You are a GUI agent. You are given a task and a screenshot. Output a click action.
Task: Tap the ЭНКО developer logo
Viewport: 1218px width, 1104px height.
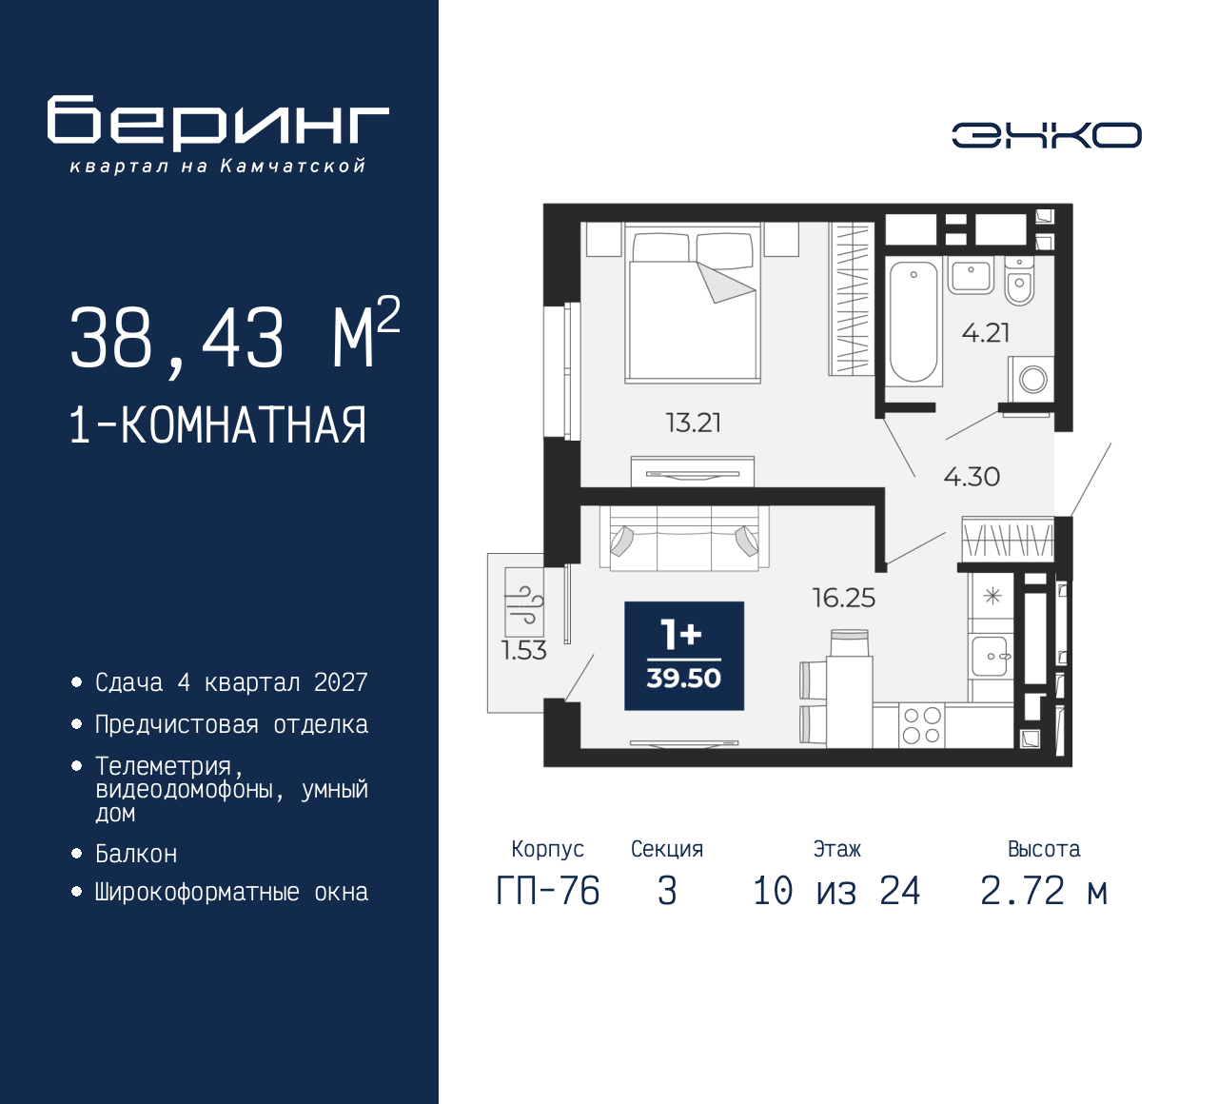point(1046,135)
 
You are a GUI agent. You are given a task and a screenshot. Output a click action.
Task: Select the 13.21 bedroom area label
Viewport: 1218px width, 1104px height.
point(694,423)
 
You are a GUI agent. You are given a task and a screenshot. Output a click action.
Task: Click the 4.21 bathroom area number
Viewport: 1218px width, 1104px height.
point(986,333)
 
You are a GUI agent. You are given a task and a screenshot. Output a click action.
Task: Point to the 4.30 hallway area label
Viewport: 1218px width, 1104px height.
point(972,477)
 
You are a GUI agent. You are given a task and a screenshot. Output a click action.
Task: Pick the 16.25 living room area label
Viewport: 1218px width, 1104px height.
point(844,598)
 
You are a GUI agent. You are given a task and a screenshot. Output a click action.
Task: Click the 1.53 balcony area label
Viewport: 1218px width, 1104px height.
point(524,650)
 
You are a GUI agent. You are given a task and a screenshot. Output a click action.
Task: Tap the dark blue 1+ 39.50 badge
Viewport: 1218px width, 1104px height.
point(684,656)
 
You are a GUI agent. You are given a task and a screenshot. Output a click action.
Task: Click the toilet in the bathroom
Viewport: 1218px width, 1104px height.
point(1019,280)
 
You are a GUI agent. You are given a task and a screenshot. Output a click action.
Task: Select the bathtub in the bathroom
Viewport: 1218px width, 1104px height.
point(913,322)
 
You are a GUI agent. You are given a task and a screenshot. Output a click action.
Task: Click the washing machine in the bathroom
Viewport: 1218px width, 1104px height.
point(1031,380)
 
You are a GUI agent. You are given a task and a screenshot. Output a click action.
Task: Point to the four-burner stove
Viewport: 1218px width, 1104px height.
point(922,725)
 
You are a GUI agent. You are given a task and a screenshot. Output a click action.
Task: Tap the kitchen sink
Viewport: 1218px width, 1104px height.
point(991,656)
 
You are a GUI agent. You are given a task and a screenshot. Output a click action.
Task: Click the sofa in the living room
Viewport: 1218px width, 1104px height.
point(684,538)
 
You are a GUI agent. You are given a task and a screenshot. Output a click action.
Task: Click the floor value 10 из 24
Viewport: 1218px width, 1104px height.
point(836,892)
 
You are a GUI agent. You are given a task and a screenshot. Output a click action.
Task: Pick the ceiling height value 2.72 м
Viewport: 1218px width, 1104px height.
point(1044,892)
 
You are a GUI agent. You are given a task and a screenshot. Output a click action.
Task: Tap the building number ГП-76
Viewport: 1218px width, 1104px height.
point(548,892)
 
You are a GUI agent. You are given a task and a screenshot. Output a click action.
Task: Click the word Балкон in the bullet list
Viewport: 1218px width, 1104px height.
point(137,854)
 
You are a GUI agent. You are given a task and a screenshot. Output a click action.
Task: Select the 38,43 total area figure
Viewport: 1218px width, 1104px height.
point(177,338)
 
